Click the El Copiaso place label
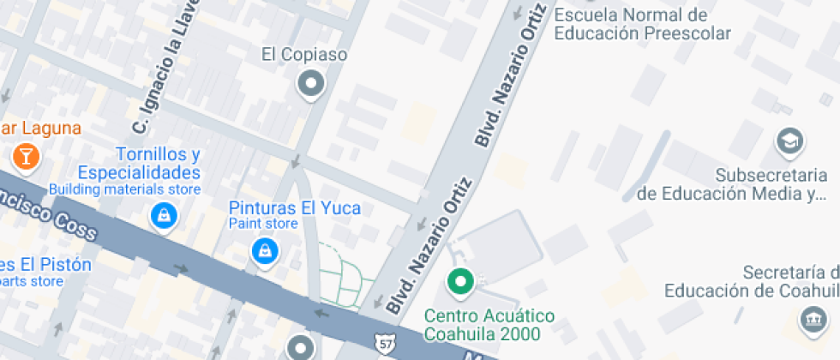[x=304, y=55]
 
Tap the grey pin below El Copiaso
[x=309, y=84]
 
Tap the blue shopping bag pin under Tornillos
[x=163, y=216]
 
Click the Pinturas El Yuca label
[x=294, y=207]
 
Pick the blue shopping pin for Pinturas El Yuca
[x=265, y=250]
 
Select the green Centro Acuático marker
[x=461, y=281]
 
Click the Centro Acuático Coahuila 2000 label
[x=489, y=325]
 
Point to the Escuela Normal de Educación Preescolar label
[x=642, y=24]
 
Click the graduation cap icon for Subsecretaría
[x=789, y=141]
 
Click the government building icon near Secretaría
[x=811, y=321]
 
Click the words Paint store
[x=262, y=224]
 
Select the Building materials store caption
[x=124, y=189]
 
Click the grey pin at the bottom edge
[x=301, y=347]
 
